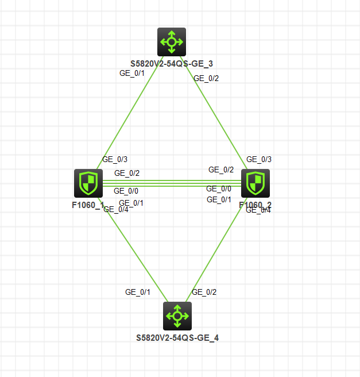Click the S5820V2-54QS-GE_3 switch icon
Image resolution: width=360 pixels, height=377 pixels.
[172, 41]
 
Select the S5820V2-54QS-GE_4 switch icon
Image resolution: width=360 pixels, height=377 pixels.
[177, 316]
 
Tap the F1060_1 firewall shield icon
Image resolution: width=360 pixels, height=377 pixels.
[88, 183]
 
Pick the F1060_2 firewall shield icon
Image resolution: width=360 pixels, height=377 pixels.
[255, 183]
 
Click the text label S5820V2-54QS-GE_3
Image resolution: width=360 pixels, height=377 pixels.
[172, 63]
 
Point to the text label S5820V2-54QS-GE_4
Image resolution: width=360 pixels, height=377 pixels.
[177, 338]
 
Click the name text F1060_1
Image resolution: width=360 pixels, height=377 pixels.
[88, 205]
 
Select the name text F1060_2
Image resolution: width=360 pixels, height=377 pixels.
[256, 205]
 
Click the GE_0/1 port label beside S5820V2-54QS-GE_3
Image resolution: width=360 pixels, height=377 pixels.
[131, 73]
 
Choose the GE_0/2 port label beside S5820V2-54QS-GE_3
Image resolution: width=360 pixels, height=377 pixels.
[206, 78]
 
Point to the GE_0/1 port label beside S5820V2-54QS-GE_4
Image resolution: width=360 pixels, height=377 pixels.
[138, 292]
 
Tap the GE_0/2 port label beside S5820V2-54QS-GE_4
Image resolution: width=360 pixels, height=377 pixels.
[204, 292]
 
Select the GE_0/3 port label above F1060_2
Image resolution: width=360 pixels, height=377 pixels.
[259, 159]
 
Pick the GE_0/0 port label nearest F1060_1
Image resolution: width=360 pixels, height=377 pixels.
[126, 191]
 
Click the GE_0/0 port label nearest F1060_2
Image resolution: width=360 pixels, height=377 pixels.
[219, 188]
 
